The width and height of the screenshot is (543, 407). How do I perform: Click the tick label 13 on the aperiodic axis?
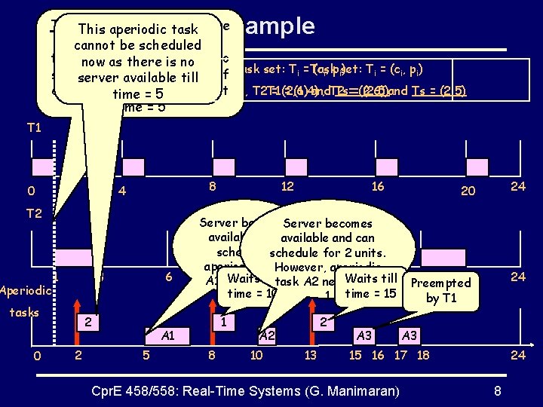pyautogui.click(x=310, y=354)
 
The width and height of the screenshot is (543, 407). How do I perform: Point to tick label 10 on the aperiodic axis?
pyautogui.click(x=257, y=354)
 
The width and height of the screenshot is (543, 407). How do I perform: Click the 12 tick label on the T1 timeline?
pyautogui.click(x=287, y=186)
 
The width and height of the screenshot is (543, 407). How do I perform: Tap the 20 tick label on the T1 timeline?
pyautogui.click(x=468, y=191)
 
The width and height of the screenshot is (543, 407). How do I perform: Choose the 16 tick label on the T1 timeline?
pyautogui.click(x=378, y=186)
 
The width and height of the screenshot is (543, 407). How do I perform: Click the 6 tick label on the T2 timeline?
pyautogui.click(x=167, y=277)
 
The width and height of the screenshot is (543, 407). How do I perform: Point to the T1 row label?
pyautogui.click(x=34, y=128)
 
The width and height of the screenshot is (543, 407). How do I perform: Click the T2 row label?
pyautogui.click(x=34, y=213)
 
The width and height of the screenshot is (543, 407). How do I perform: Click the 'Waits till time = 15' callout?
pyautogui.click(x=370, y=285)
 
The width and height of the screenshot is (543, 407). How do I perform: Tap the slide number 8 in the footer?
pyautogui.click(x=497, y=390)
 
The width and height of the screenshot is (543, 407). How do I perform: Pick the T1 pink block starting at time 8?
pyautogui.click(x=225, y=167)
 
